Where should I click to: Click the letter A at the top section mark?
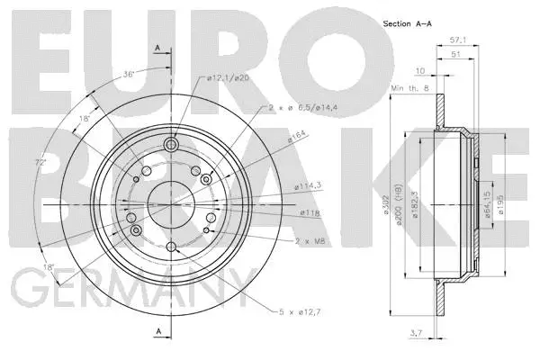158,47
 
